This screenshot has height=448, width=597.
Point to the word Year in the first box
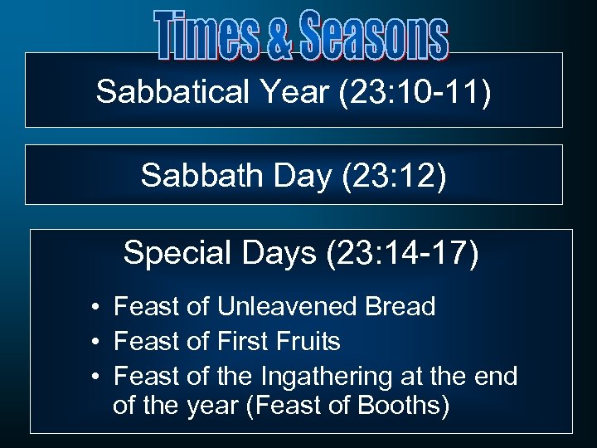click(284, 92)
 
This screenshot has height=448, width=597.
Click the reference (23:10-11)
click(415, 92)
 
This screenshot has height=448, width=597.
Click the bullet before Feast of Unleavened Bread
click(97, 308)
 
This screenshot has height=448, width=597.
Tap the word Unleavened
click(288, 307)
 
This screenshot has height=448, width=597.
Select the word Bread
click(400, 307)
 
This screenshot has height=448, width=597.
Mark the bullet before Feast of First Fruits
click(97, 343)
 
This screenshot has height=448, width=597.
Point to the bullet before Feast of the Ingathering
click(97, 377)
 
